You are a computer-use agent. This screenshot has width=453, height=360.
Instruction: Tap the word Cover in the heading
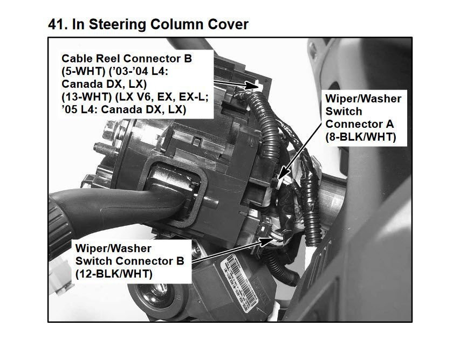coord(228,25)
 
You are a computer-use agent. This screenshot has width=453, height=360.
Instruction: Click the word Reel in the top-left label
coord(109,58)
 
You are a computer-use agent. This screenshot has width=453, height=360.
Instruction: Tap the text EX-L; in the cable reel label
coord(194,96)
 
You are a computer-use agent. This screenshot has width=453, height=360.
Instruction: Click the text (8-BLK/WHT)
coord(361,136)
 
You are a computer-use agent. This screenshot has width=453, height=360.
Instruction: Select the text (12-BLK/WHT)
coord(114,273)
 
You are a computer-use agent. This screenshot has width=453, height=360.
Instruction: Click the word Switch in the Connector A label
coord(344,111)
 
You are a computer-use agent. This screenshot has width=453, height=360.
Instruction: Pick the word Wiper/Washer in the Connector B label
coord(113,248)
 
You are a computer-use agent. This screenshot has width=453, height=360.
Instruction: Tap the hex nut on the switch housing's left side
coord(111,128)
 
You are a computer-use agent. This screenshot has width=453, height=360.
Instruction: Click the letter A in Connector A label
coord(390,124)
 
